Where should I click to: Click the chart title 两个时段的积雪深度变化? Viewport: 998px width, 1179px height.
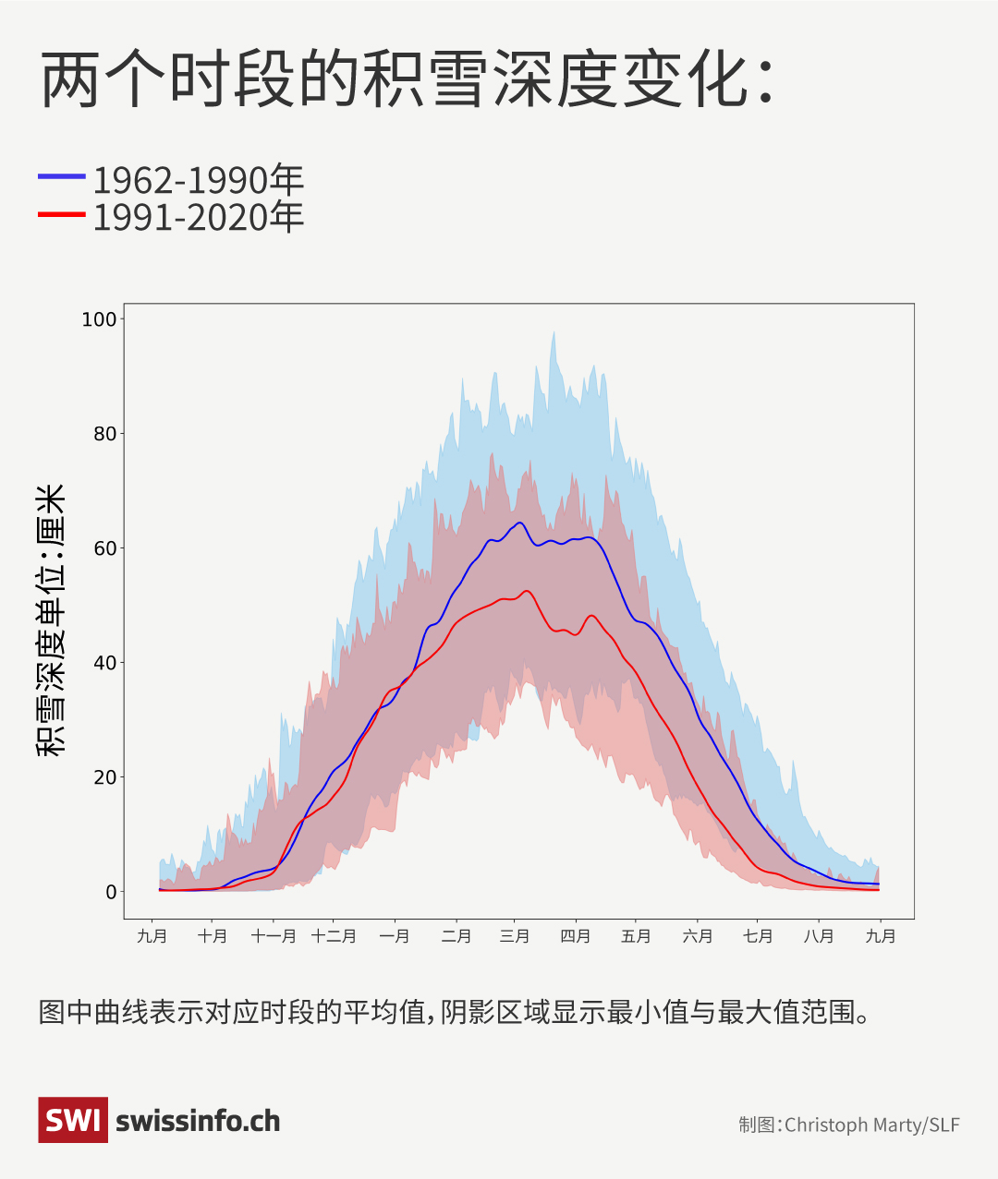[407, 79]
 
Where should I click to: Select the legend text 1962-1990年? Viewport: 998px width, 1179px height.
[198, 179]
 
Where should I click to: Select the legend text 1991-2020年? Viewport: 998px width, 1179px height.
[198, 218]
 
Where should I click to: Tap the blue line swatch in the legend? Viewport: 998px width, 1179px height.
[61, 175]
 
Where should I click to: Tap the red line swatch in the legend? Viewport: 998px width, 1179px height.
[61, 214]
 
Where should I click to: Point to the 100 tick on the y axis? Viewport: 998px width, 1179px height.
[100, 319]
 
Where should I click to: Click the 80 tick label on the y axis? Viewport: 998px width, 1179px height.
[104, 434]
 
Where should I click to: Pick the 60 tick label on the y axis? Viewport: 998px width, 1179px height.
[104, 548]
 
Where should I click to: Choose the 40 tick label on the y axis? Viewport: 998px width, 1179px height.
[104, 663]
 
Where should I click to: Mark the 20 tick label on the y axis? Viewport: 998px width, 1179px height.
[104, 777]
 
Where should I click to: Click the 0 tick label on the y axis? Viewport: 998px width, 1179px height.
[111, 892]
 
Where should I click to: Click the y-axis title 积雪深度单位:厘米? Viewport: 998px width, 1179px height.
[51, 620]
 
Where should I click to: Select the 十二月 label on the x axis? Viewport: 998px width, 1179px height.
[334, 936]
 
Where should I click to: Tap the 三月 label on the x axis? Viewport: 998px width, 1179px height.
[515, 936]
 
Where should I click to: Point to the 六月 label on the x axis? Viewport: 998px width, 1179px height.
[698, 936]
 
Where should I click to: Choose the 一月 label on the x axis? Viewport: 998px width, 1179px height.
[395, 936]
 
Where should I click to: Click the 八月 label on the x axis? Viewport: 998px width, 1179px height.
[819, 936]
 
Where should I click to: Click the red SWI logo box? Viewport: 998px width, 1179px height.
[72, 1120]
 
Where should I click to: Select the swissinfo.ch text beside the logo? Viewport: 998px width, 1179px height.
[198, 1121]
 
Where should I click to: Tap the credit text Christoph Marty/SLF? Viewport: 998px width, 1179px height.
[871, 1125]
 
